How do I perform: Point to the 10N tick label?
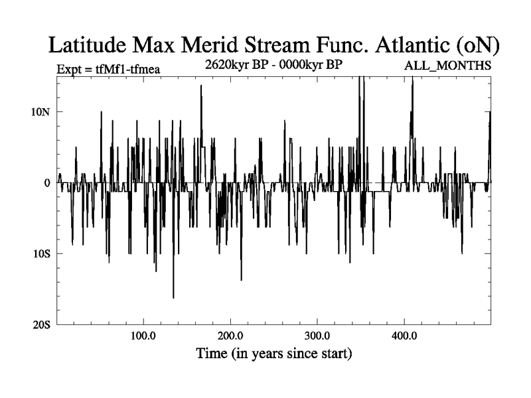tap(41, 111)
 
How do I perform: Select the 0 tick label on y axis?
tap(47, 182)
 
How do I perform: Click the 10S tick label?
tap(42, 253)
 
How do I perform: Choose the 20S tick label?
tap(42, 324)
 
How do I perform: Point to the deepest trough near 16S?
tap(173, 297)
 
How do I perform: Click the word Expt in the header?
tap(69, 68)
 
